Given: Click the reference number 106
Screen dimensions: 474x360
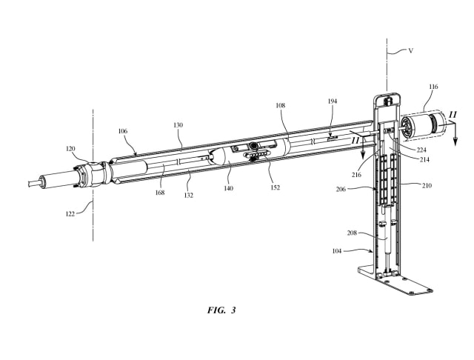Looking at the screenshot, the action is [x=123, y=131].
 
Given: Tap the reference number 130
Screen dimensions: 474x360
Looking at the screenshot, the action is [x=178, y=125].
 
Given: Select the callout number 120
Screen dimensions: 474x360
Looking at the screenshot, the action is [x=70, y=149].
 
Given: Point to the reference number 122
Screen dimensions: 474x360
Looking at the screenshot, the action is [x=70, y=214].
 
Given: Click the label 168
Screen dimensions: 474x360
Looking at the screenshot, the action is [x=160, y=193].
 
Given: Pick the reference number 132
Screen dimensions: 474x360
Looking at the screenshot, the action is [x=188, y=196].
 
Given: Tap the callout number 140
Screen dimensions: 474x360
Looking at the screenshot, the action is [x=229, y=188].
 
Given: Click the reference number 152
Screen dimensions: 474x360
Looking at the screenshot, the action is [x=275, y=187].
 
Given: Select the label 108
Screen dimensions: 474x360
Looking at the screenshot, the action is [x=280, y=105].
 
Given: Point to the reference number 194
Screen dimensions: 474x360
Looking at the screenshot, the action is [x=333, y=101].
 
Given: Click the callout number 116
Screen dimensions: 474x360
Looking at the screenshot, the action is [x=433, y=87].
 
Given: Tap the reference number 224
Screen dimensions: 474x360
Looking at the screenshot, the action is [x=421, y=150].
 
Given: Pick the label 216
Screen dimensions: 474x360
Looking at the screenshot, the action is [x=356, y=175].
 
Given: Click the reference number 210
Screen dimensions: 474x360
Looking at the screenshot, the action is [x=427, y=186].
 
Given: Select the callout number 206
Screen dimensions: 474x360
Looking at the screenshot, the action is [x=341, y=190].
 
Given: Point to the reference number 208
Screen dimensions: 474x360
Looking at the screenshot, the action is [x=352, y=233].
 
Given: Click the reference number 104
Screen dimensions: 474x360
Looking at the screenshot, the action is [x=337, y=251].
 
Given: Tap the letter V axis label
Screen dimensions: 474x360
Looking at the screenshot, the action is [x=411, y=51].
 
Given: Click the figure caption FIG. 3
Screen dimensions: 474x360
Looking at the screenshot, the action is [x=221, y=310].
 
